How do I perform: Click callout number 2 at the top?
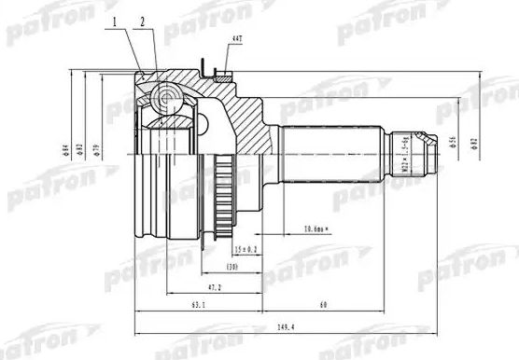tap(143, 21)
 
